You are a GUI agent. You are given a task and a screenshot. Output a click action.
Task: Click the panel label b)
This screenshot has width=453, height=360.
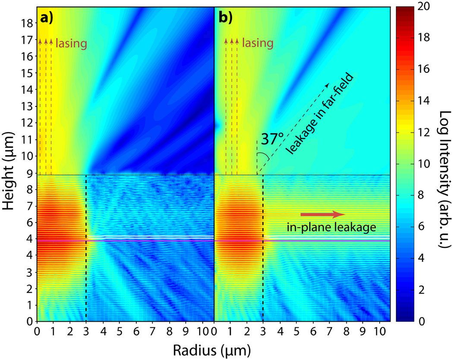226,19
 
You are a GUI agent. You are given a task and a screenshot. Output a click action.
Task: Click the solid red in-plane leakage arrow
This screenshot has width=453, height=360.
323,214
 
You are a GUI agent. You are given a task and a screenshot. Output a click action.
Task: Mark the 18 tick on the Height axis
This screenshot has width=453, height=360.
26,24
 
